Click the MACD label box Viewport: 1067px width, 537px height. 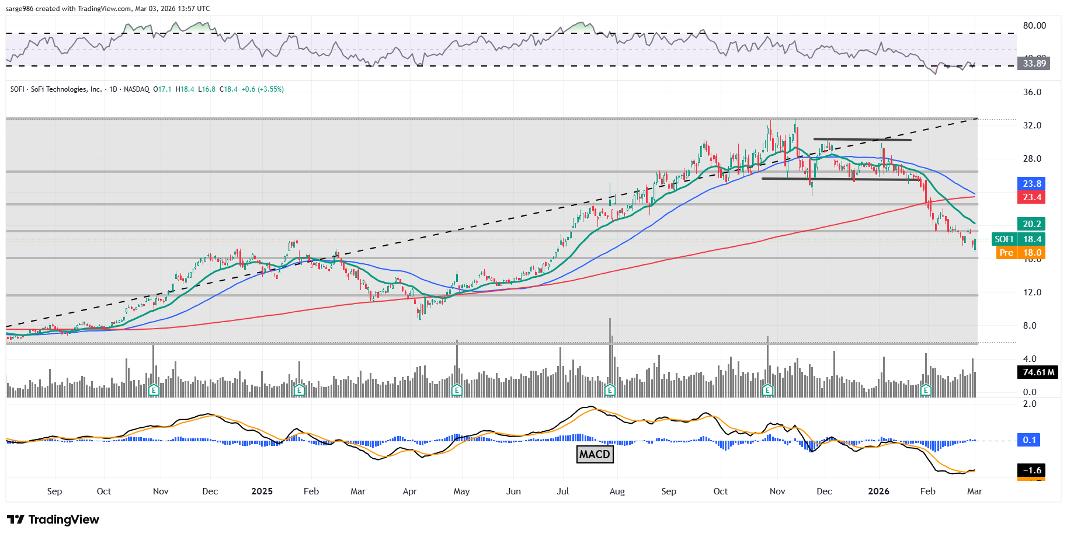(x=595, y=454)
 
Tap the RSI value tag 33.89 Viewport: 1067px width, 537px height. (x=1034, y=63)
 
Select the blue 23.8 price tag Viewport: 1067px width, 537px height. (x=1031, y=183)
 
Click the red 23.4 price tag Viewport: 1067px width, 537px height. (x=1031, y=197)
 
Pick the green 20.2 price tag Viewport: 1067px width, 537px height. (x=1031, y=224)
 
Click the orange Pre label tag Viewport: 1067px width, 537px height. (x=1006, y=253)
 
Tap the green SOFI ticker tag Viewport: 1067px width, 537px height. (x=1004, y=239)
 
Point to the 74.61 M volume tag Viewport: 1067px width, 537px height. (x=1038, y=372)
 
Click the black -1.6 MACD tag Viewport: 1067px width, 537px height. (x=1031, y=470)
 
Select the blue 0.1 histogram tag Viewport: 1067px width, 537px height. (x=1030, y=440)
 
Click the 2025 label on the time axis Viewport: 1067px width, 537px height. (x=262, y=491)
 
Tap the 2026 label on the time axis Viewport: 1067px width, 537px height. (x=878, y=491)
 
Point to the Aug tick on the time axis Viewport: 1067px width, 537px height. (x=617, y=491)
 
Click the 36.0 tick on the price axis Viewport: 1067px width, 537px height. (x=1032, y=92)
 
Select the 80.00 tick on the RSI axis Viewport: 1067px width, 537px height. (x=1034, y=26)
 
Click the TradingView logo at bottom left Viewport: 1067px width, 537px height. (x=53, y=519)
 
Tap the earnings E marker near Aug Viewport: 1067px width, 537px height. (x=610, y=390)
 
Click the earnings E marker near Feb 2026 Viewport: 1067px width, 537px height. (x=925, y=390)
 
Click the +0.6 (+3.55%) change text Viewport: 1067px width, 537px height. (x=263, y=89)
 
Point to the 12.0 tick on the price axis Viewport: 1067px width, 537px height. (x=1032, y=292)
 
